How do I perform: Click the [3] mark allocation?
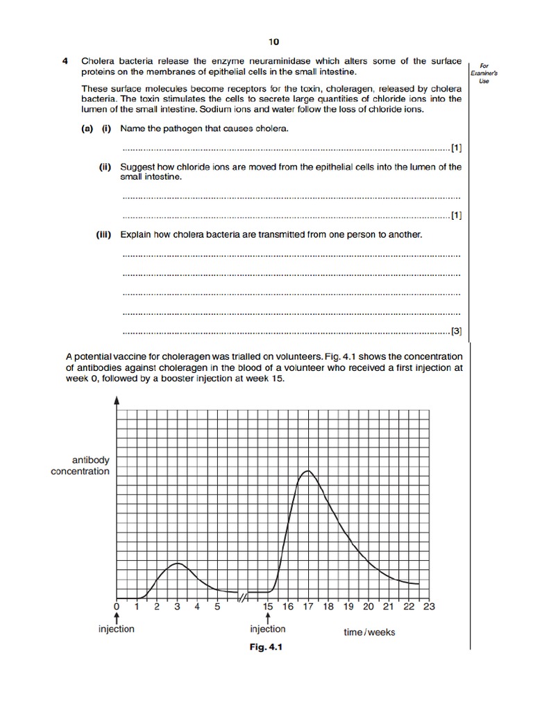[456, 331]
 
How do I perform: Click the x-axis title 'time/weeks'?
[369, 632]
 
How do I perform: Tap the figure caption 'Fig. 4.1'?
[267, 648]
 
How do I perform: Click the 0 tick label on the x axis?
[117, 607]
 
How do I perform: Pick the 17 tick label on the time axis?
[308, 607]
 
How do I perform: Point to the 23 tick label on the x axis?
[429, 607]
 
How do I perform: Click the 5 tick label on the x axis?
[217, 607]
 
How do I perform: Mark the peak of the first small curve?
[178, 563]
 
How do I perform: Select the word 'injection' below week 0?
[117, 629]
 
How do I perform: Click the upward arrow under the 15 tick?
[268, 618]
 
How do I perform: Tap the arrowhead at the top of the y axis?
[117, 400]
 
